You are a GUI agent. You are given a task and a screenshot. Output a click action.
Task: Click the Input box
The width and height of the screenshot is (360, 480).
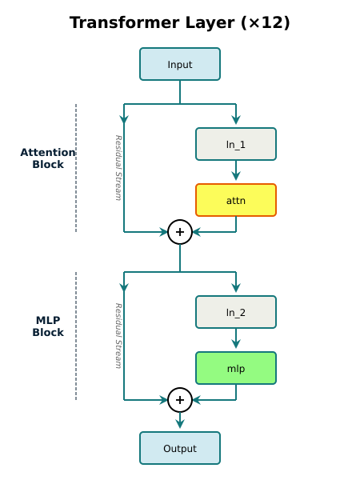click(x=180, y=64)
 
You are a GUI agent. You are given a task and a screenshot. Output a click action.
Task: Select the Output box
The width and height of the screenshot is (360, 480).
click(x=180, y=448)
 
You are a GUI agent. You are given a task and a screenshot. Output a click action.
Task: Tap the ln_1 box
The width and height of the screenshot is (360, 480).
click(x=236, y=144)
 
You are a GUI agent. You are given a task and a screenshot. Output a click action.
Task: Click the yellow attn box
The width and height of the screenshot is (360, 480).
click(x=236, y=200)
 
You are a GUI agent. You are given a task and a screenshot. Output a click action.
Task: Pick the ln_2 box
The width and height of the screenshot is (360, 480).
click(x=236, y=312)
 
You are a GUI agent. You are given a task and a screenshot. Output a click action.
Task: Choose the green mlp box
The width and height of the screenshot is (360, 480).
click(x=236, y=368)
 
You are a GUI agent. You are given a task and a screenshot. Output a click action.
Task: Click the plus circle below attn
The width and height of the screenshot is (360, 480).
click(x=180, y=232)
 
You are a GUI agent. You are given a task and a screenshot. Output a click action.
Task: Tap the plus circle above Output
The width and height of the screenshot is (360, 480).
click(x=180, y=400)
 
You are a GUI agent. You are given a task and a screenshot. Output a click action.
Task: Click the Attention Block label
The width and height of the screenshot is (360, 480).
click(x=48, y=158)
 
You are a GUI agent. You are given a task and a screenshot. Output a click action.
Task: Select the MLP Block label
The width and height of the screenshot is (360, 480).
click(x=48, y=326)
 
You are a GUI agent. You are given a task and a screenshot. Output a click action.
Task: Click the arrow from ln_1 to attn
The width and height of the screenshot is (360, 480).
click(x=236, y=172)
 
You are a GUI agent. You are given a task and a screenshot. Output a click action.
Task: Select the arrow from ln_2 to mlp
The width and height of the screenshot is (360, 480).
click(x=236, y=340)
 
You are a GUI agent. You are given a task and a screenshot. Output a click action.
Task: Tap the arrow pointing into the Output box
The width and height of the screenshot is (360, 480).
click(x=180, y=422)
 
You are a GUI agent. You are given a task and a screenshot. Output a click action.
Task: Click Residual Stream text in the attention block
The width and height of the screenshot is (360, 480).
click(x=118, y=167)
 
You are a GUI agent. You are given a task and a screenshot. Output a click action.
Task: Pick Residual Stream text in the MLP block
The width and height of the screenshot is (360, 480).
click(x=118, y=335)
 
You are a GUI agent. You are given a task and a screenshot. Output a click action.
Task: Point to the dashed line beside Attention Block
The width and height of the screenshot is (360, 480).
click(x=76, y=168)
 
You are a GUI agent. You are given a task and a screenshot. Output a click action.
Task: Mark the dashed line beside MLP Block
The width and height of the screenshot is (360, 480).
click(x=76, y=336)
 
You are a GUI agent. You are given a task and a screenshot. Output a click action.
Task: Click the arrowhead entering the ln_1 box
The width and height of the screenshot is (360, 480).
click(x=236, y=122)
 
